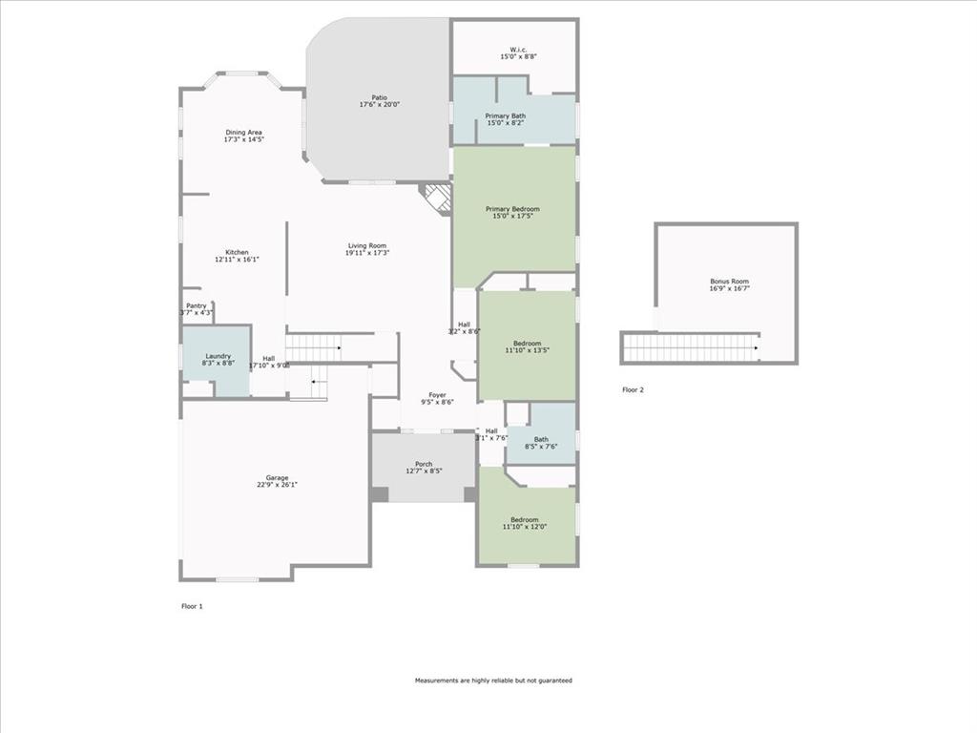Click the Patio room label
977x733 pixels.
[379, 97]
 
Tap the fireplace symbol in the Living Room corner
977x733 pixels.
[438, 198]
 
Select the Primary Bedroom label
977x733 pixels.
[512, 209]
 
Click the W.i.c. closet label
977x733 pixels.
[518, 50]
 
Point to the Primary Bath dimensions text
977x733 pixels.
[505, 123]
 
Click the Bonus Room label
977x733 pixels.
[729, 282]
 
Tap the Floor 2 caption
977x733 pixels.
[633, 389]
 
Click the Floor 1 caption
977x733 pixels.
[192, 606]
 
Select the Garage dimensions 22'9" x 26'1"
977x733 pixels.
[277, 485]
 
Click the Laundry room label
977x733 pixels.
[218, 356]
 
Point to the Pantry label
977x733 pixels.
[196, 305]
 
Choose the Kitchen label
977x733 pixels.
[237, 252]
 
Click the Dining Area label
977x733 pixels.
[243, 133]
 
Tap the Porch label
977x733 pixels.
[424, 464]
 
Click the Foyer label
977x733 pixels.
[437, 394]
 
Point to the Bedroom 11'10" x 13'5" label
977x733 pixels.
[527, 344]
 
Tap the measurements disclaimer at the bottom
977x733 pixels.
[493, 681]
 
